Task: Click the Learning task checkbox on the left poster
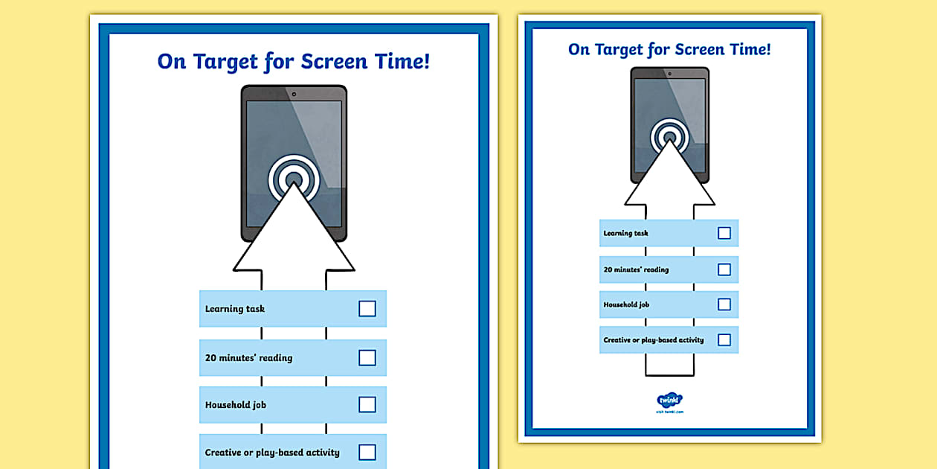[367, 309]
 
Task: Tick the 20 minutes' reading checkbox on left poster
[367, 358]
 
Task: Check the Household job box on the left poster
[367, 405]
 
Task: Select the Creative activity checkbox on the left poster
[367, 452]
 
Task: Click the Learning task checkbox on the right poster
[724, 233]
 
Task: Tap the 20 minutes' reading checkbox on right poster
[724, 269]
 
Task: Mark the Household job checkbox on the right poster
[724, 304]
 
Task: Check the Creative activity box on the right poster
[724, 340]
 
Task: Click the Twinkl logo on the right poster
[670, 401]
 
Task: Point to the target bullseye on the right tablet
[670, 137]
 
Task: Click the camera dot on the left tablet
[294, 94]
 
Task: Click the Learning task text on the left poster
[235, 309]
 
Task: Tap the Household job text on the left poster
[236, 405]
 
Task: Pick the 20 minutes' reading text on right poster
[636, 269]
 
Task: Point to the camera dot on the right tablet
[670, 73]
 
